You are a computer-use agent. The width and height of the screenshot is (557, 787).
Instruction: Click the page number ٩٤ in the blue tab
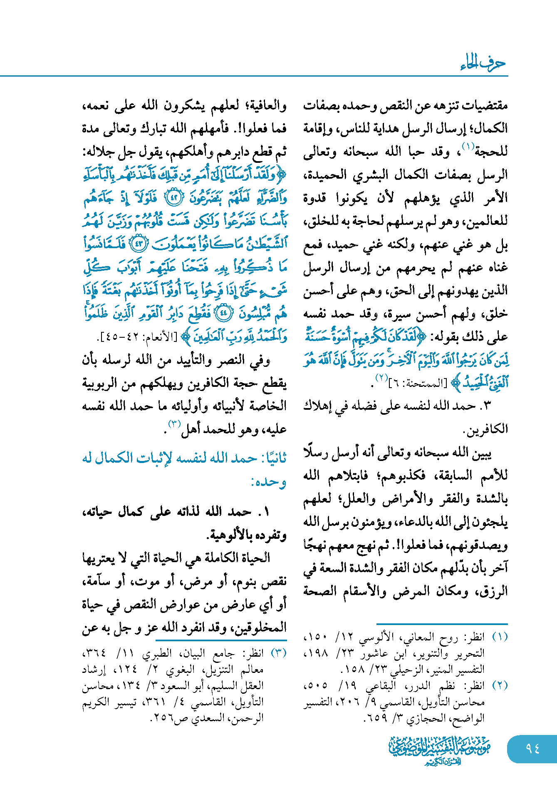coord(532,748)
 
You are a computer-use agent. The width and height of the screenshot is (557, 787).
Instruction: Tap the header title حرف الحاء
coord(483,63)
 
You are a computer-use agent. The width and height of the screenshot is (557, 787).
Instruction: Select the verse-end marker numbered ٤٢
coord(174,198)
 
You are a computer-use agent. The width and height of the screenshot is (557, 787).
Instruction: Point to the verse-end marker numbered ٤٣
coord(139,244)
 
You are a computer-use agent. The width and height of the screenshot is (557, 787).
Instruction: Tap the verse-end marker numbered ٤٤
coord(223,313)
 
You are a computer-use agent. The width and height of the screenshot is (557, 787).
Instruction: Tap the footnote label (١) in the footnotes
coord(500,637)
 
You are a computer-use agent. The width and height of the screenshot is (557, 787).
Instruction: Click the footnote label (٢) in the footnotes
coord(500,685)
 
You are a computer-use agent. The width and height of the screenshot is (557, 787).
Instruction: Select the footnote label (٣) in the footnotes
coord(279,653)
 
